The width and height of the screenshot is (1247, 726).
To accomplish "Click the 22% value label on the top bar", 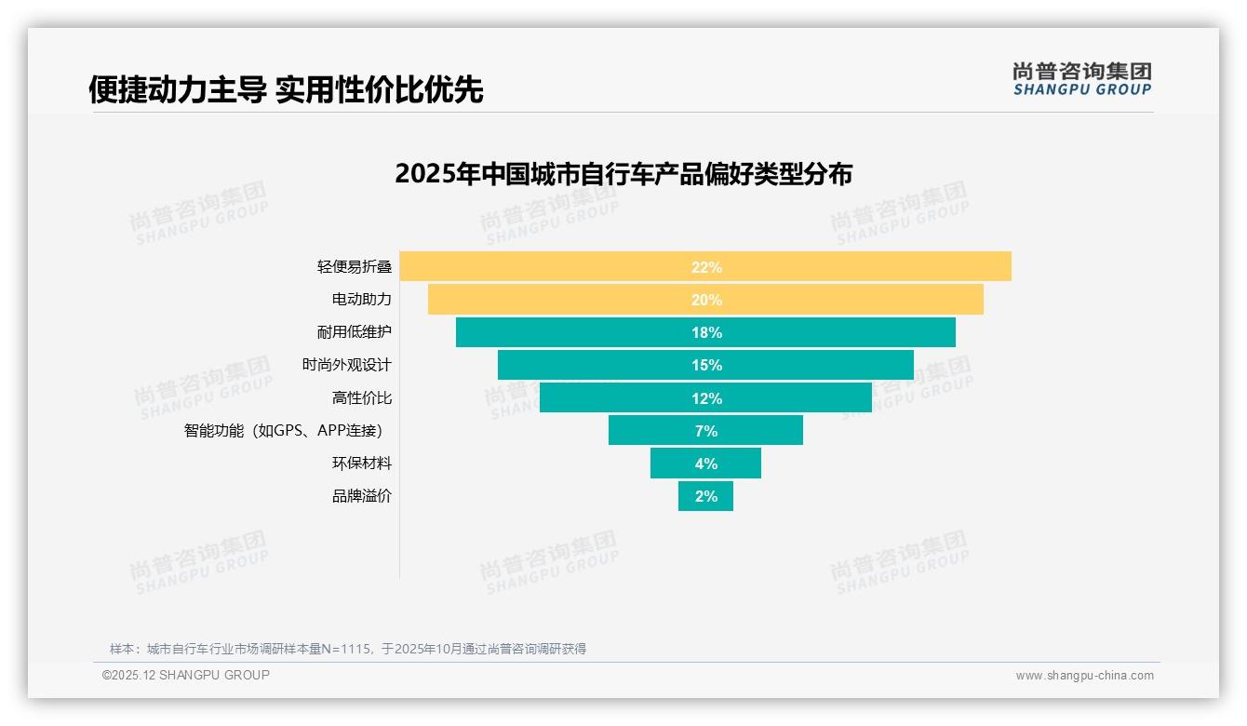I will pyautogui.click(x=706, y=267).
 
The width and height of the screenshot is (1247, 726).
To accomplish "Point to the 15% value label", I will pyautogui.click(x=706, y=366).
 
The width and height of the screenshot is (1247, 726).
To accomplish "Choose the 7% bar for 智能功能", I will pyautogui.click(x=651, y=431).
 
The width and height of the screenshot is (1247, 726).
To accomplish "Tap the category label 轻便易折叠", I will pyautogui.click(x=355, y=267).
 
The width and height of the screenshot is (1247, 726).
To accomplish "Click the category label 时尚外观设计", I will pyautogui.click(x=347, y=365).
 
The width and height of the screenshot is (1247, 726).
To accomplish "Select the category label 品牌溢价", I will pyautogui.click(x=362, y=496).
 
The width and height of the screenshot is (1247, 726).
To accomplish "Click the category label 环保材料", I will pyautogui.click(x=362, y=464).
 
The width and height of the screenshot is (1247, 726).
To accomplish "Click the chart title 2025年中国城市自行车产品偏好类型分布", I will pyautogui.click(x=623, y=174).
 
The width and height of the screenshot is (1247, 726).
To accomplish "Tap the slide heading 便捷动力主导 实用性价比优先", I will pyautogui.click(x=286, y=89).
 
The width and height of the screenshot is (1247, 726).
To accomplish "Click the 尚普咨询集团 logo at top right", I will pyautogui.click(x=1081, y=79).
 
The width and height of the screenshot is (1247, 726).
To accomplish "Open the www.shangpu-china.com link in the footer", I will pyautogui.click(x=1084, y=676).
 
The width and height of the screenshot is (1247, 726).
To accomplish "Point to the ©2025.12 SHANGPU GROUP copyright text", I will pyautogui.click(x=186, y=676).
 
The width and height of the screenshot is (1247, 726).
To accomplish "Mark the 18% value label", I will pyautogui.click(x=706, y=333).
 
